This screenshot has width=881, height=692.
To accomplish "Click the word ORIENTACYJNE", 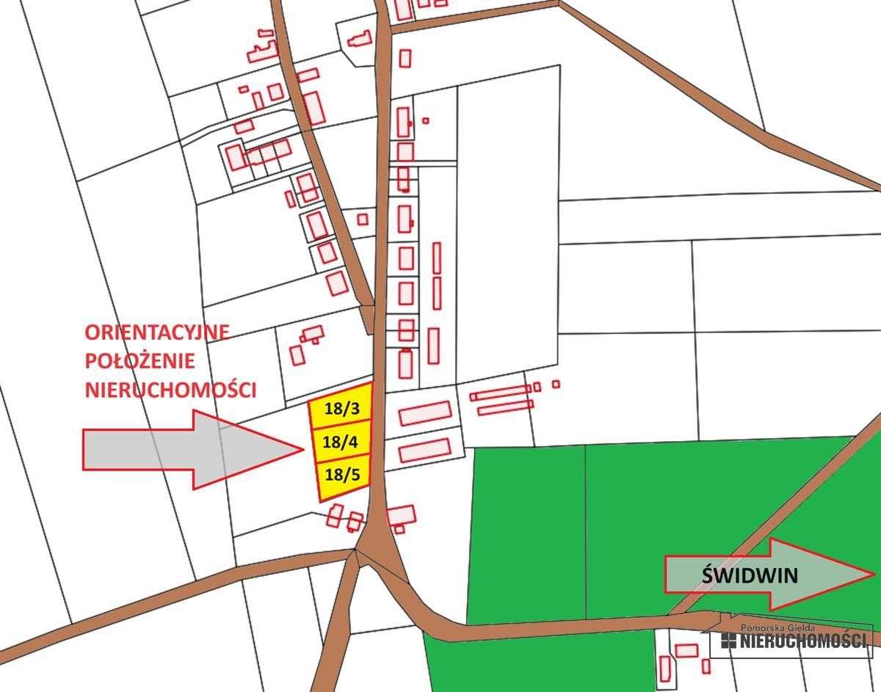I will [157, 332].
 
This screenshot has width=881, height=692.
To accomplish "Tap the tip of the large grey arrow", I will [302, 449].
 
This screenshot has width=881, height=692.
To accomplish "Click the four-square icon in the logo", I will [728, 641].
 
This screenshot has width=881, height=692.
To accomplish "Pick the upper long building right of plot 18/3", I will [424, 413].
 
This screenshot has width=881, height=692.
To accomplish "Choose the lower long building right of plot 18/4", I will [424, 448].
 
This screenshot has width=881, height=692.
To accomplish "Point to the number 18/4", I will [340, 442].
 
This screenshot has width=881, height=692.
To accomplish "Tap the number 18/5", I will [342, 474].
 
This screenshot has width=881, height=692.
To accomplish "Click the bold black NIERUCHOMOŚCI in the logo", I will [803, 641].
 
